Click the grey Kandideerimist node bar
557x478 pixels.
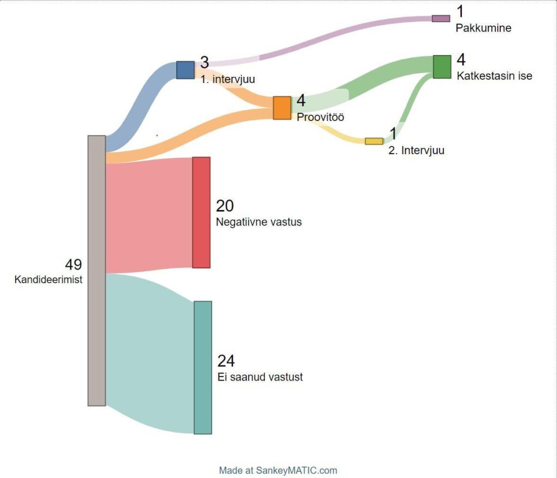(97, 271)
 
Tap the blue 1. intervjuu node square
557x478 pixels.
(185, 70)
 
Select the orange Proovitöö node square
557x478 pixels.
(282, 108)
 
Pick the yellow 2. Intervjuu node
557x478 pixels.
(374, 141)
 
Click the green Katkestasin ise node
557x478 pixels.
(442, 67)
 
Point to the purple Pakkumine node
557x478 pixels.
(441, 19)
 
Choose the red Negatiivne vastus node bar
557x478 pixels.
(201, 212)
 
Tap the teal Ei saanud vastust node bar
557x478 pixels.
(203, 367)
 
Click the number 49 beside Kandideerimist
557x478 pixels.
(73, 265)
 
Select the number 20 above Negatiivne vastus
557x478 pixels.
(225, 206)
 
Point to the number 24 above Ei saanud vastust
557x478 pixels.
(226, 361)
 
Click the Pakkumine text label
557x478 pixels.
(484, 28)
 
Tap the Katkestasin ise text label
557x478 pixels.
(494, 76)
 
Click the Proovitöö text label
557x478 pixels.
(320, 117)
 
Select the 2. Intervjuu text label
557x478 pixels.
(416, 150)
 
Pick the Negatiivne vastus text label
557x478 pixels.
(259, 222)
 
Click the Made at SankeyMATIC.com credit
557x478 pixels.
(278, 470)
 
